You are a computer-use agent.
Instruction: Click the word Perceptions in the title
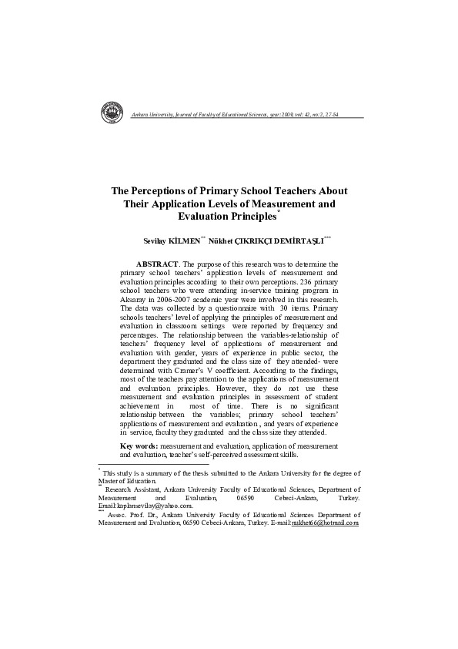click(x=165, y=190)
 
